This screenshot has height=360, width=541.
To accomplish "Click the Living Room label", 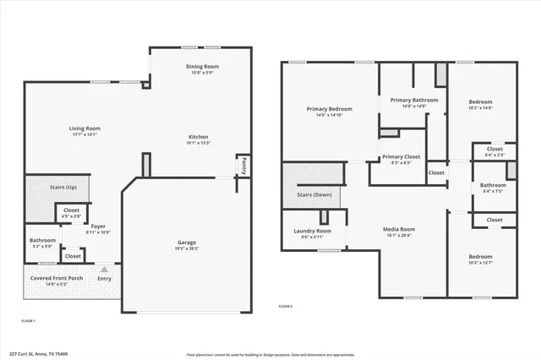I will pos(85,128).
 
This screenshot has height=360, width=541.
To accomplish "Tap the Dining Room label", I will pos(203,66).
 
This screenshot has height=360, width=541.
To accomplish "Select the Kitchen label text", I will pos(198,137).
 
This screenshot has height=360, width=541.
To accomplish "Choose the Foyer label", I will pos(99,226).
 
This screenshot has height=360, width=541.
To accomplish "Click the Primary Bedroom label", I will pos(329,109).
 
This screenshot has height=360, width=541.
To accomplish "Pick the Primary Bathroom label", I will pos(413,100).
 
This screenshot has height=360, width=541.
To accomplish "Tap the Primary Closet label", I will pos(402,156).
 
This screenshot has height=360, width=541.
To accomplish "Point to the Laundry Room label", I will pos(312,231).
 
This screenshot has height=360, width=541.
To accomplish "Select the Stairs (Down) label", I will pos(314,194).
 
